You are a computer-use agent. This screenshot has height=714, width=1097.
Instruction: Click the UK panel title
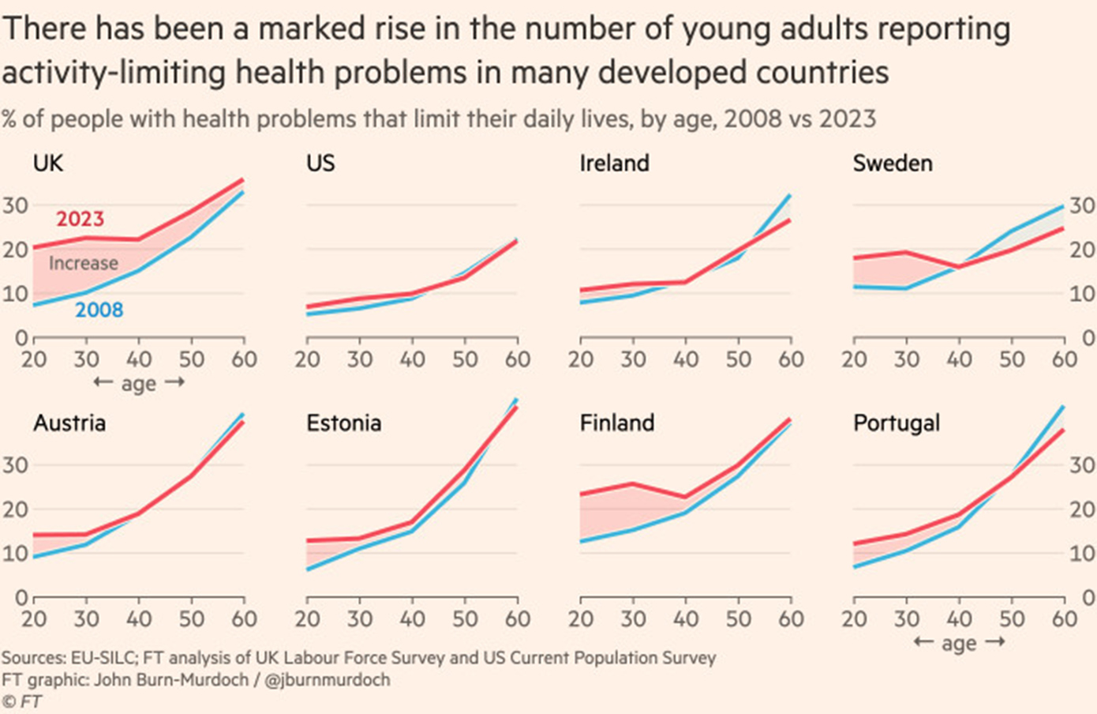[x=48, y=163]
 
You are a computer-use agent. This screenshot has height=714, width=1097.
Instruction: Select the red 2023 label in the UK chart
[x=80, y=219]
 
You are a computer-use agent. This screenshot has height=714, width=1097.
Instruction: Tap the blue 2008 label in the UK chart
[x=99, y=310]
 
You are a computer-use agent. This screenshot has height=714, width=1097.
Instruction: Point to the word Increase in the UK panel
[x=84, y=263]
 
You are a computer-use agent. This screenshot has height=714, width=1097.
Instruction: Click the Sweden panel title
[x=893, y=163]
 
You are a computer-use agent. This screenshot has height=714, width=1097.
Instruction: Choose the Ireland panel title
[x=614, y=163]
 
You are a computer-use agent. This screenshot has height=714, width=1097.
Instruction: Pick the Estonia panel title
[x=344, y=423]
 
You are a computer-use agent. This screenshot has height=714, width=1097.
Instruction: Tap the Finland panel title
[x=617, y=423]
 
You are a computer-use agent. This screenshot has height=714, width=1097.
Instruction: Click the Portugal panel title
[x=897, y=423]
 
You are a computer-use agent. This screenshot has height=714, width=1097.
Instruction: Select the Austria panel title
[x=69, y=423]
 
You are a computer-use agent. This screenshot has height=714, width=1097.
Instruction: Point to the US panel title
[x=320, y=163]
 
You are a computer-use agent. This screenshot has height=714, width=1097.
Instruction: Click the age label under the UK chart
[x=139, y=384]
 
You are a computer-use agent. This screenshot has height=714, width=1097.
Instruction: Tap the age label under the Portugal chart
[x=959, y=643]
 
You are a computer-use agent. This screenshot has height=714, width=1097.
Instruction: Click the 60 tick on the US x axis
[x=518, y=359]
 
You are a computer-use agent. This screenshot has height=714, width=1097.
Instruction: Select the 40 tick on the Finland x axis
[x=686, y=618]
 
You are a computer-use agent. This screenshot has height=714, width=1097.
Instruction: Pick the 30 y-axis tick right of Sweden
[x=1082, y=206]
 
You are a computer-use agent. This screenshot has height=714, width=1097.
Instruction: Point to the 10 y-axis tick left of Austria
[x=15, y=553]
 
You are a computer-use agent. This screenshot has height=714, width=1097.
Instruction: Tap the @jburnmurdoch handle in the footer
[x=327, y=680]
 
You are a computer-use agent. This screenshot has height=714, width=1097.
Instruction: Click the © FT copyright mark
[x=22, y=701]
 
